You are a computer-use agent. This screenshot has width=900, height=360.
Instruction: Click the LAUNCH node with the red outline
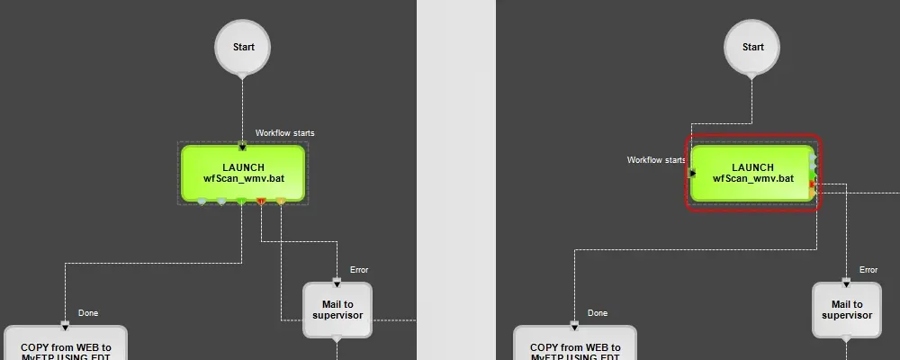click(x=752, y=173)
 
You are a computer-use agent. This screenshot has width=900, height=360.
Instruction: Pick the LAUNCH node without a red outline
click(x=243, y=173)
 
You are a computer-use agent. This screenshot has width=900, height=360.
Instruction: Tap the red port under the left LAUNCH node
click(x=261, y=202)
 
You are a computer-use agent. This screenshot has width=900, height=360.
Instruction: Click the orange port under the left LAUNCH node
click(x=281, y=202)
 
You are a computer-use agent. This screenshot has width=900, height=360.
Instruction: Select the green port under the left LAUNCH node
click(x=241, y=202)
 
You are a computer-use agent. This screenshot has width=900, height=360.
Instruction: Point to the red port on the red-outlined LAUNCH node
click(x=813, y=184)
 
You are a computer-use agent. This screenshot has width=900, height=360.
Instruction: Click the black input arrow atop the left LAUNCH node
click(x=242, y=146)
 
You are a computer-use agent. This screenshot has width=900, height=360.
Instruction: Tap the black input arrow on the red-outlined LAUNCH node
click(x=692, y=173)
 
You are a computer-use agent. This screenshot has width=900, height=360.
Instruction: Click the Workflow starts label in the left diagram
click(x=284, y=133)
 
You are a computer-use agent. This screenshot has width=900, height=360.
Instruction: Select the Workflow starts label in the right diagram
click(x=656, y=160)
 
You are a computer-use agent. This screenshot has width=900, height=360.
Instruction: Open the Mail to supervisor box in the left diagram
click(x=337, y=310)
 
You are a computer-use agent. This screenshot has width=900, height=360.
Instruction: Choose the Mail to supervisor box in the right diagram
click(x=847, y=310)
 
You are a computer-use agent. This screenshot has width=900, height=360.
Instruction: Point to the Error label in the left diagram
click(x=359, y=270)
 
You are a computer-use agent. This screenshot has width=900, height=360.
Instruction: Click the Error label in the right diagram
click(x=868, y=270)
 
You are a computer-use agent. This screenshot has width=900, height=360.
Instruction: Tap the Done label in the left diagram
click(x=88, y=313)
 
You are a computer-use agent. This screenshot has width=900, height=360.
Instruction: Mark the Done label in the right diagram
click(x=598, y=313)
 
